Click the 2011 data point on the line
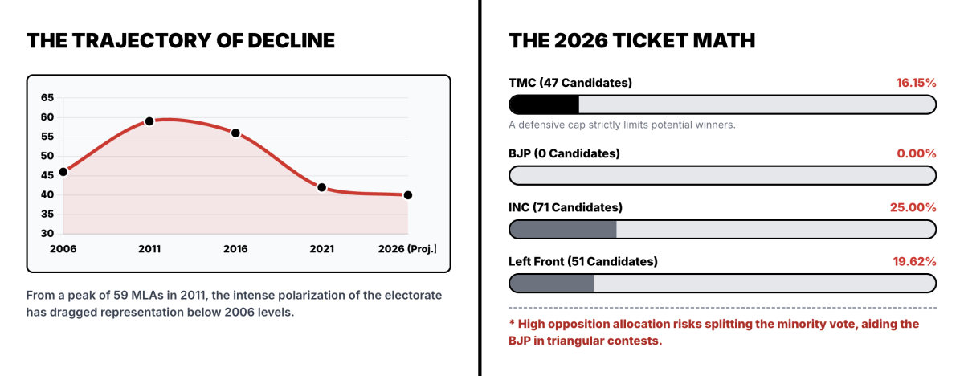[x=149, y=121]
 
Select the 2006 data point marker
[x=63, y=172]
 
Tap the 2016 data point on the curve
[x=235, y=133]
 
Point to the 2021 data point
[x=321, y=187]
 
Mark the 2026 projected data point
[x=408, y=195]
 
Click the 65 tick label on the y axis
[x=47, y=98]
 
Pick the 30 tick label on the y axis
[x=47, y=233]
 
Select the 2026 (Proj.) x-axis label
[x=407, y=249]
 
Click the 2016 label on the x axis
[x=235, y=249]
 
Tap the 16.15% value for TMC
[x=917, y=83]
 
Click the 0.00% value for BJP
[x=917, y=153]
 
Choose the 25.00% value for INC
[x=913, y=207]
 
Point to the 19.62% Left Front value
[x=914, y=261]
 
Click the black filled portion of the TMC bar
[x=545, y=104]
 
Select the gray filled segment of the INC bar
[x=563, y=229]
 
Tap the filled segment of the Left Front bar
[x=552, y=283]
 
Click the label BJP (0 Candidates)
[x=564, y=153]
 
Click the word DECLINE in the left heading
[x=291, y=41]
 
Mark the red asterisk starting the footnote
[x=512, y=323]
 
